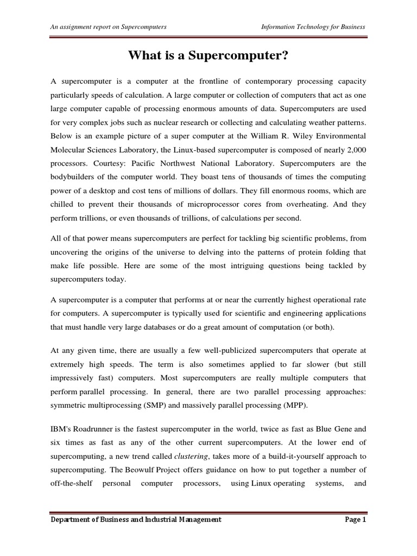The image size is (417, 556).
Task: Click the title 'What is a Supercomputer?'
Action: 208,55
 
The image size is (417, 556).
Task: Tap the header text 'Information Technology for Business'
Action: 313,27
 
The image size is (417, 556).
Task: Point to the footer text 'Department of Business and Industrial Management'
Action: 136,520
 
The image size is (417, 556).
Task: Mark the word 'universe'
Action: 162,252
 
